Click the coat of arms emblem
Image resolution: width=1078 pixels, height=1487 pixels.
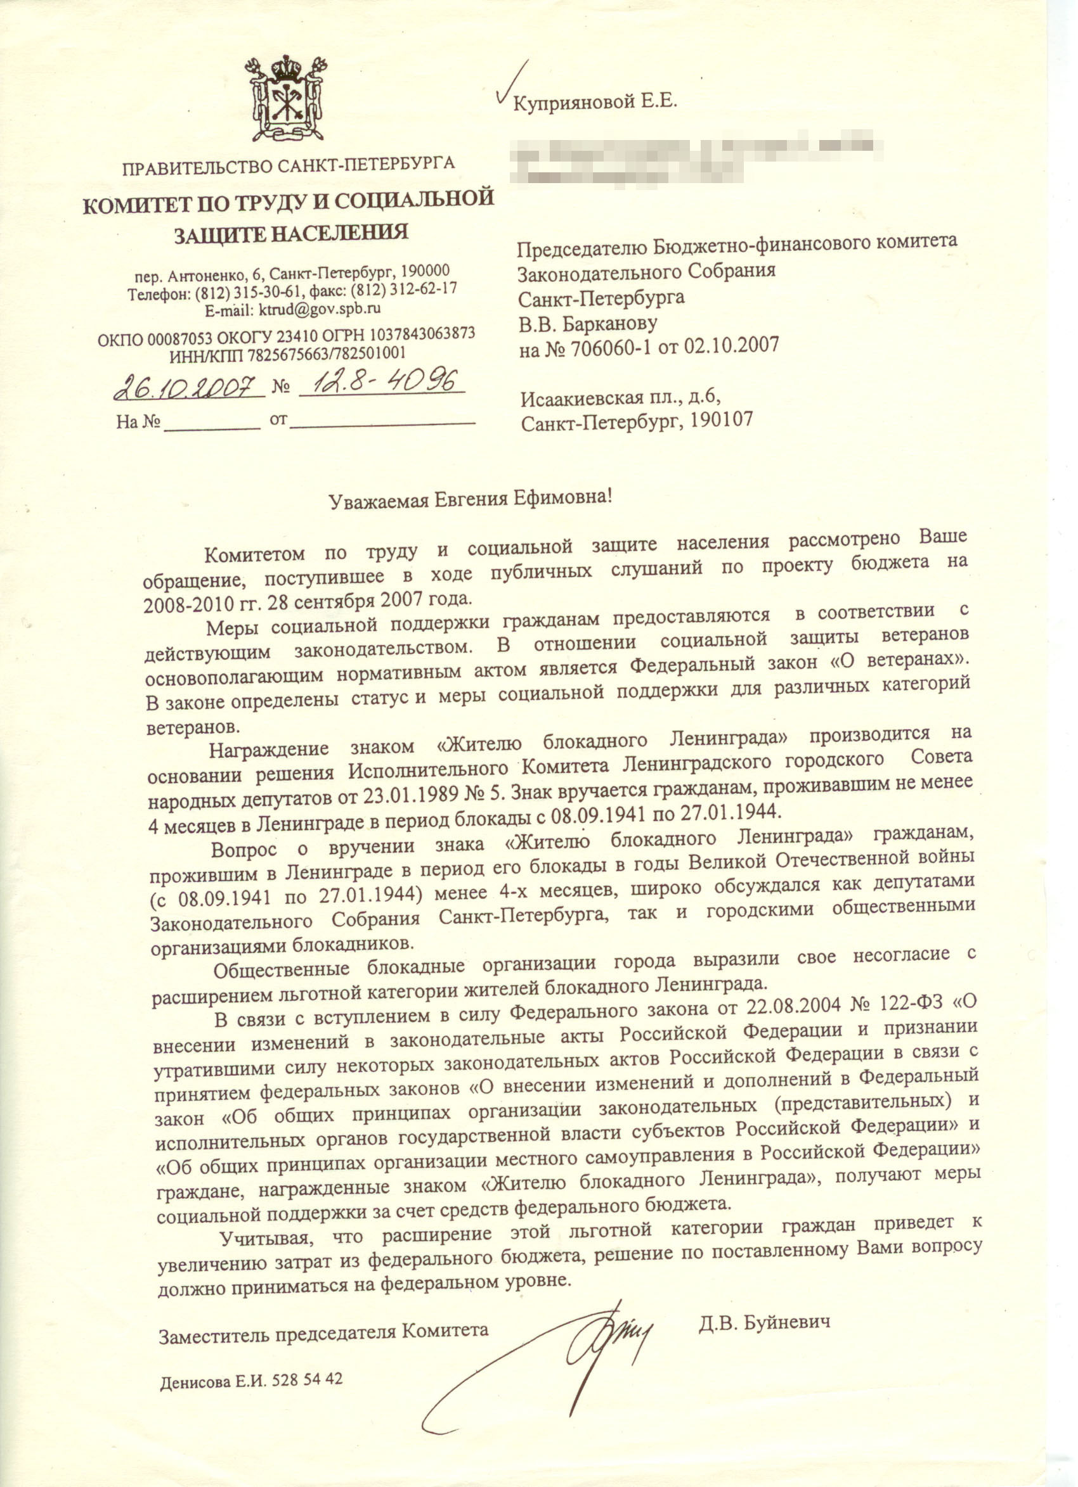point(286,98)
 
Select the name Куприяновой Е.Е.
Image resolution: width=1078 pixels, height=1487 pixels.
point(594,101)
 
